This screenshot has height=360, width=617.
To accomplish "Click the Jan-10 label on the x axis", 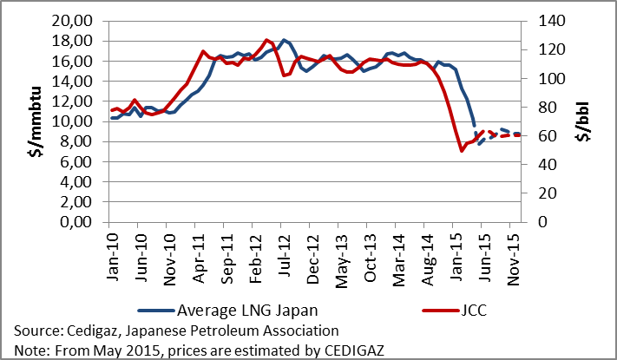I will coord(113,257).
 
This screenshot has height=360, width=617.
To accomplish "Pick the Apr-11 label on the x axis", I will coord(199,257).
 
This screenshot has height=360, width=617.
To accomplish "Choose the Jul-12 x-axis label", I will coord(285,257).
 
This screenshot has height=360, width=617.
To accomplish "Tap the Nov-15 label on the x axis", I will coord(513,257).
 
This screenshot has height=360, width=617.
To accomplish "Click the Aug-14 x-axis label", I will coord(428,257).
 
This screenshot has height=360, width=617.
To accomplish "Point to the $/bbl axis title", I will coord(583,121).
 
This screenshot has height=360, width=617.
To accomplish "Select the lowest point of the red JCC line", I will coord(462,151).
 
